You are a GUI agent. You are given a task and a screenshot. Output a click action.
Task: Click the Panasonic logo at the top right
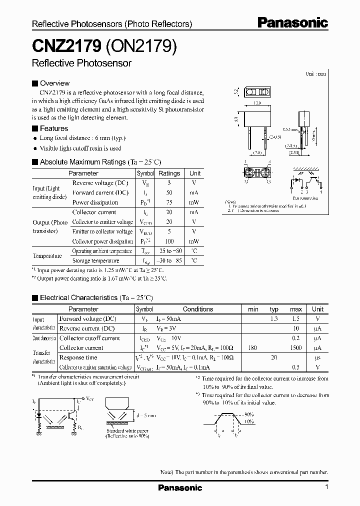[292, 23]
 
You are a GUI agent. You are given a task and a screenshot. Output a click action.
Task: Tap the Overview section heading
[54, 83]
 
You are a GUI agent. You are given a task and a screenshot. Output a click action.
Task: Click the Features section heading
[54, 128]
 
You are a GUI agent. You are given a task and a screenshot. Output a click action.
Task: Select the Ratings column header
[169, 173]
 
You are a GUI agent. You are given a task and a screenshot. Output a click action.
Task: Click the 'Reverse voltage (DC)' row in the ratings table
[100, 183]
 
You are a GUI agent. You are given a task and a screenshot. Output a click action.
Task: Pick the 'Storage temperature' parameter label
[96, 260]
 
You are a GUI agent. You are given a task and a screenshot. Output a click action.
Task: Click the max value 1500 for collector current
[295, 348]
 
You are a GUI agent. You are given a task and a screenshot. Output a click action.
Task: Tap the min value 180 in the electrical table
[253, 348]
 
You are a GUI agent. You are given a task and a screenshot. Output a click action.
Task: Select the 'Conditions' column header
[198, 309]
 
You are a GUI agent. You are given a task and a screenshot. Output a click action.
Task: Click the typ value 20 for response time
[274, 358]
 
